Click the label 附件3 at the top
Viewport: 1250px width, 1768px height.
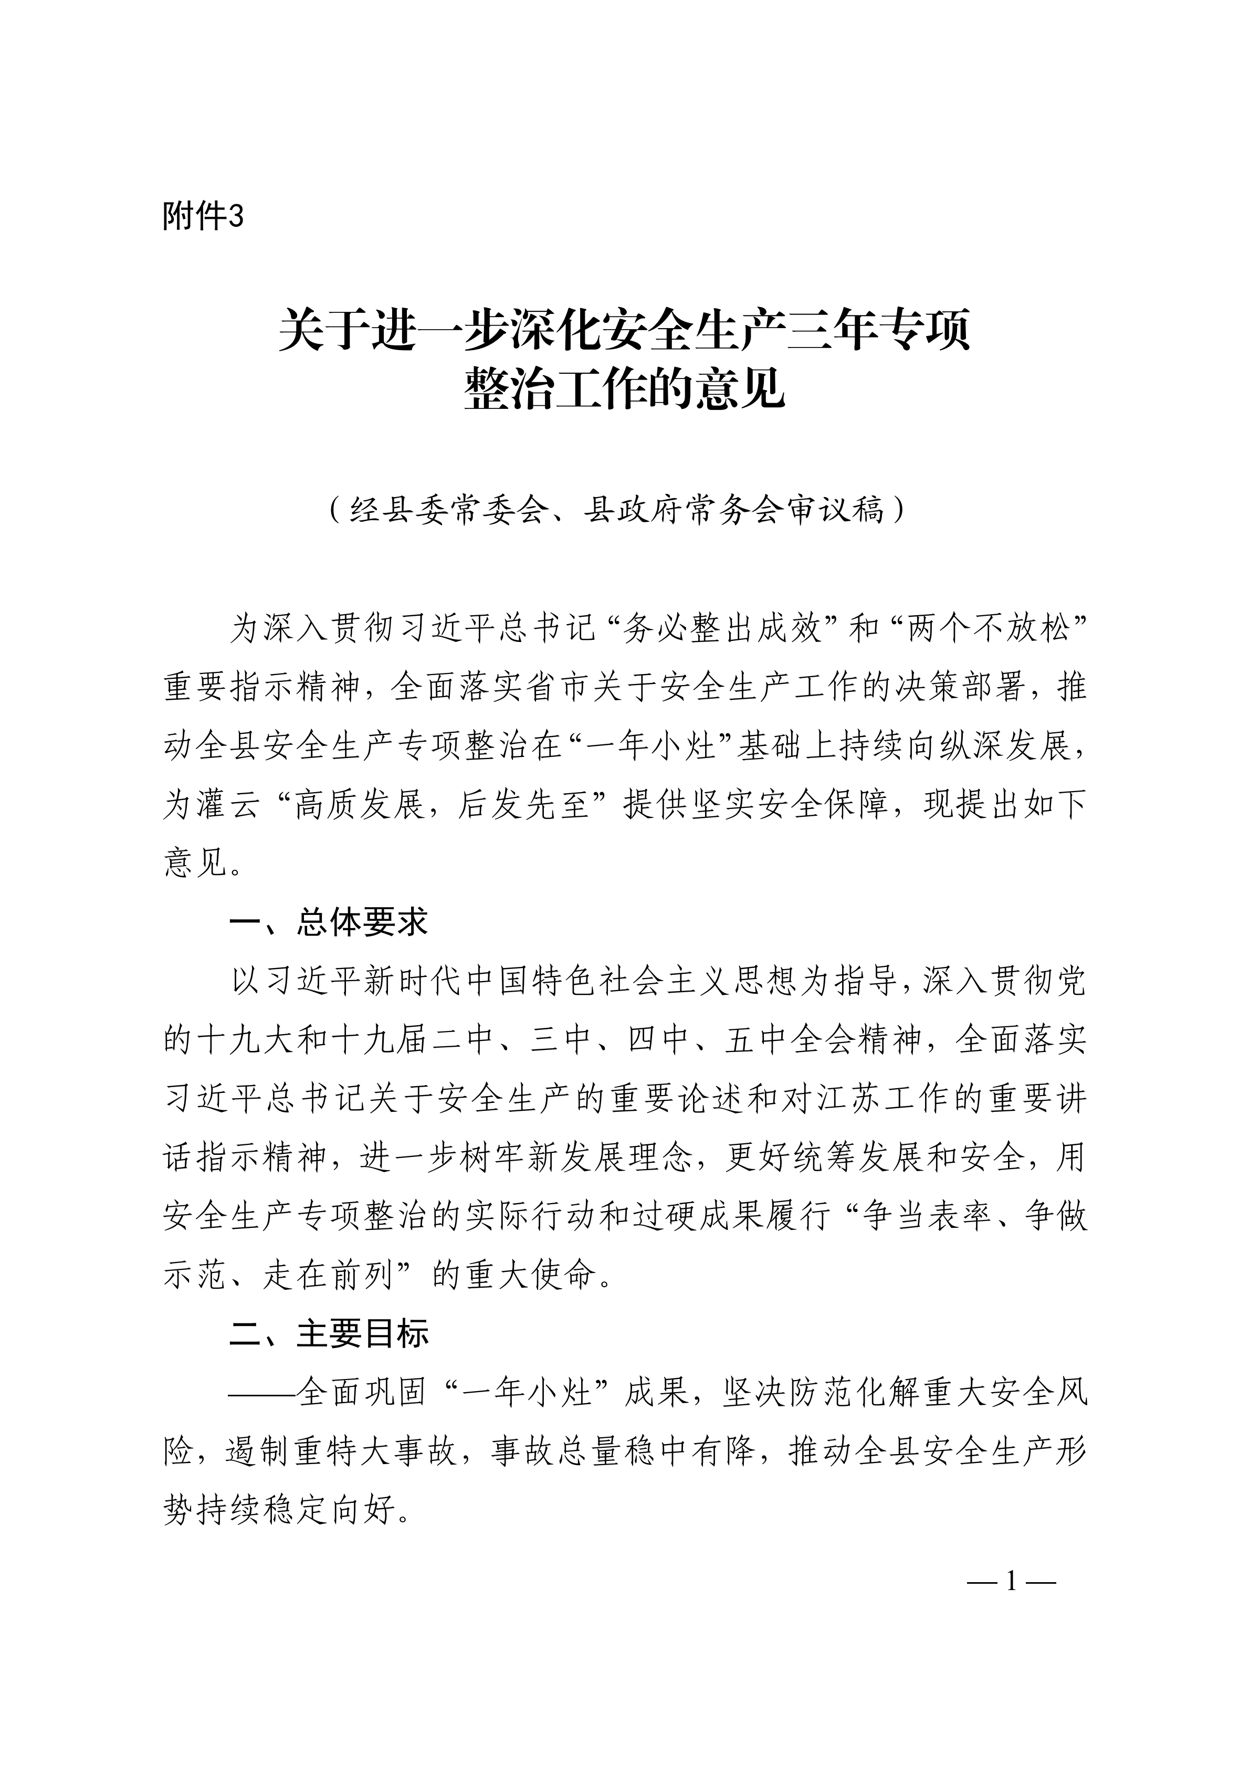tap(203, 217)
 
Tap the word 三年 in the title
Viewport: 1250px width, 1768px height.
tap(831, 330)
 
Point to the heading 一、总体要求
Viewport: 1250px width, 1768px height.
tap(328, 922)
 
